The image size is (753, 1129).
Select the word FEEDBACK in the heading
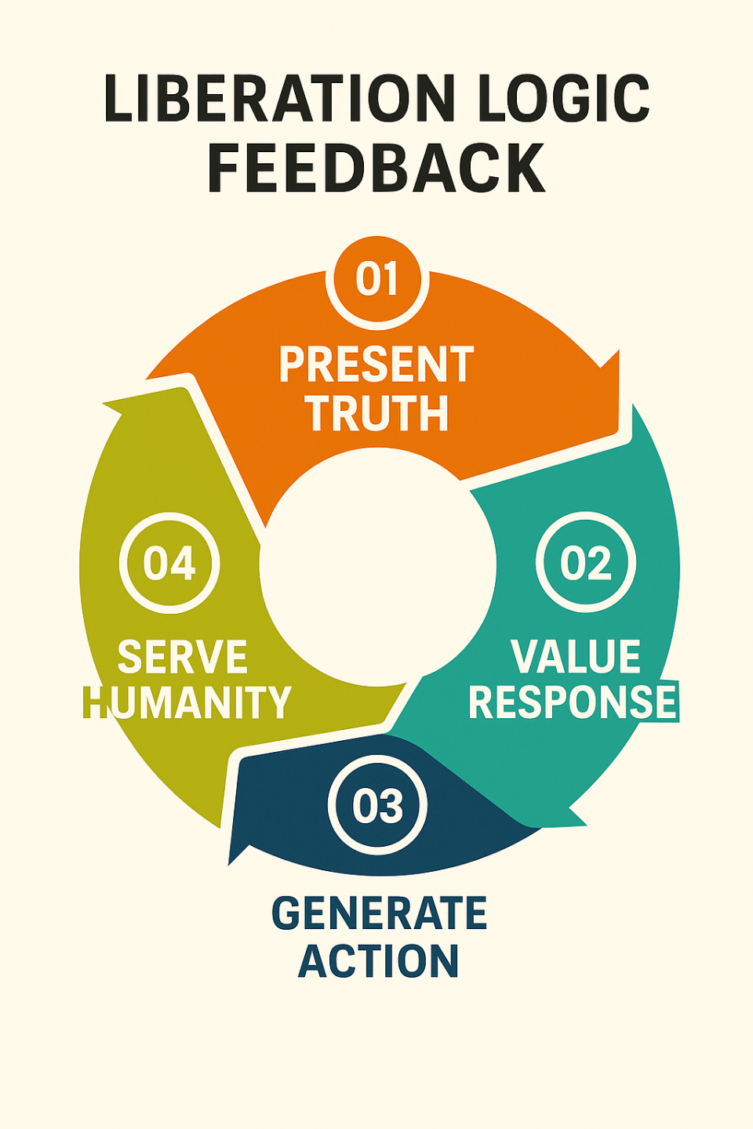click(x=376, y=169)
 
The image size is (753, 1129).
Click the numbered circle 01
click(x=377, y=280)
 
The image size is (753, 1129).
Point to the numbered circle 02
click(x=586, y=562)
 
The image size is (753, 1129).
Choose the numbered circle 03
click(x=377, y=805)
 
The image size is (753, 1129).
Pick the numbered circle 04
click(x=169, y=562)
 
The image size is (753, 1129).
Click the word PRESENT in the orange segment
click(x=376, y=365)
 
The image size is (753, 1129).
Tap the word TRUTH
click(x=377, y=413)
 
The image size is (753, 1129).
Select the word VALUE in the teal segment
click(x=576, y=657)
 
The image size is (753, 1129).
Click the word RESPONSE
click(x=573, y=702)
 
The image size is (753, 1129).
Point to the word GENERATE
click(x=379, y=913)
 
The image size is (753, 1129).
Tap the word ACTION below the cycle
click(x=378, y=961)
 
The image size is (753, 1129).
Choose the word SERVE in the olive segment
click(x=182, y=657)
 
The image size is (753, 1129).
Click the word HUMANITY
click(x=187, y=702)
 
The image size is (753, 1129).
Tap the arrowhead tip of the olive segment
click(x=105, y=405)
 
